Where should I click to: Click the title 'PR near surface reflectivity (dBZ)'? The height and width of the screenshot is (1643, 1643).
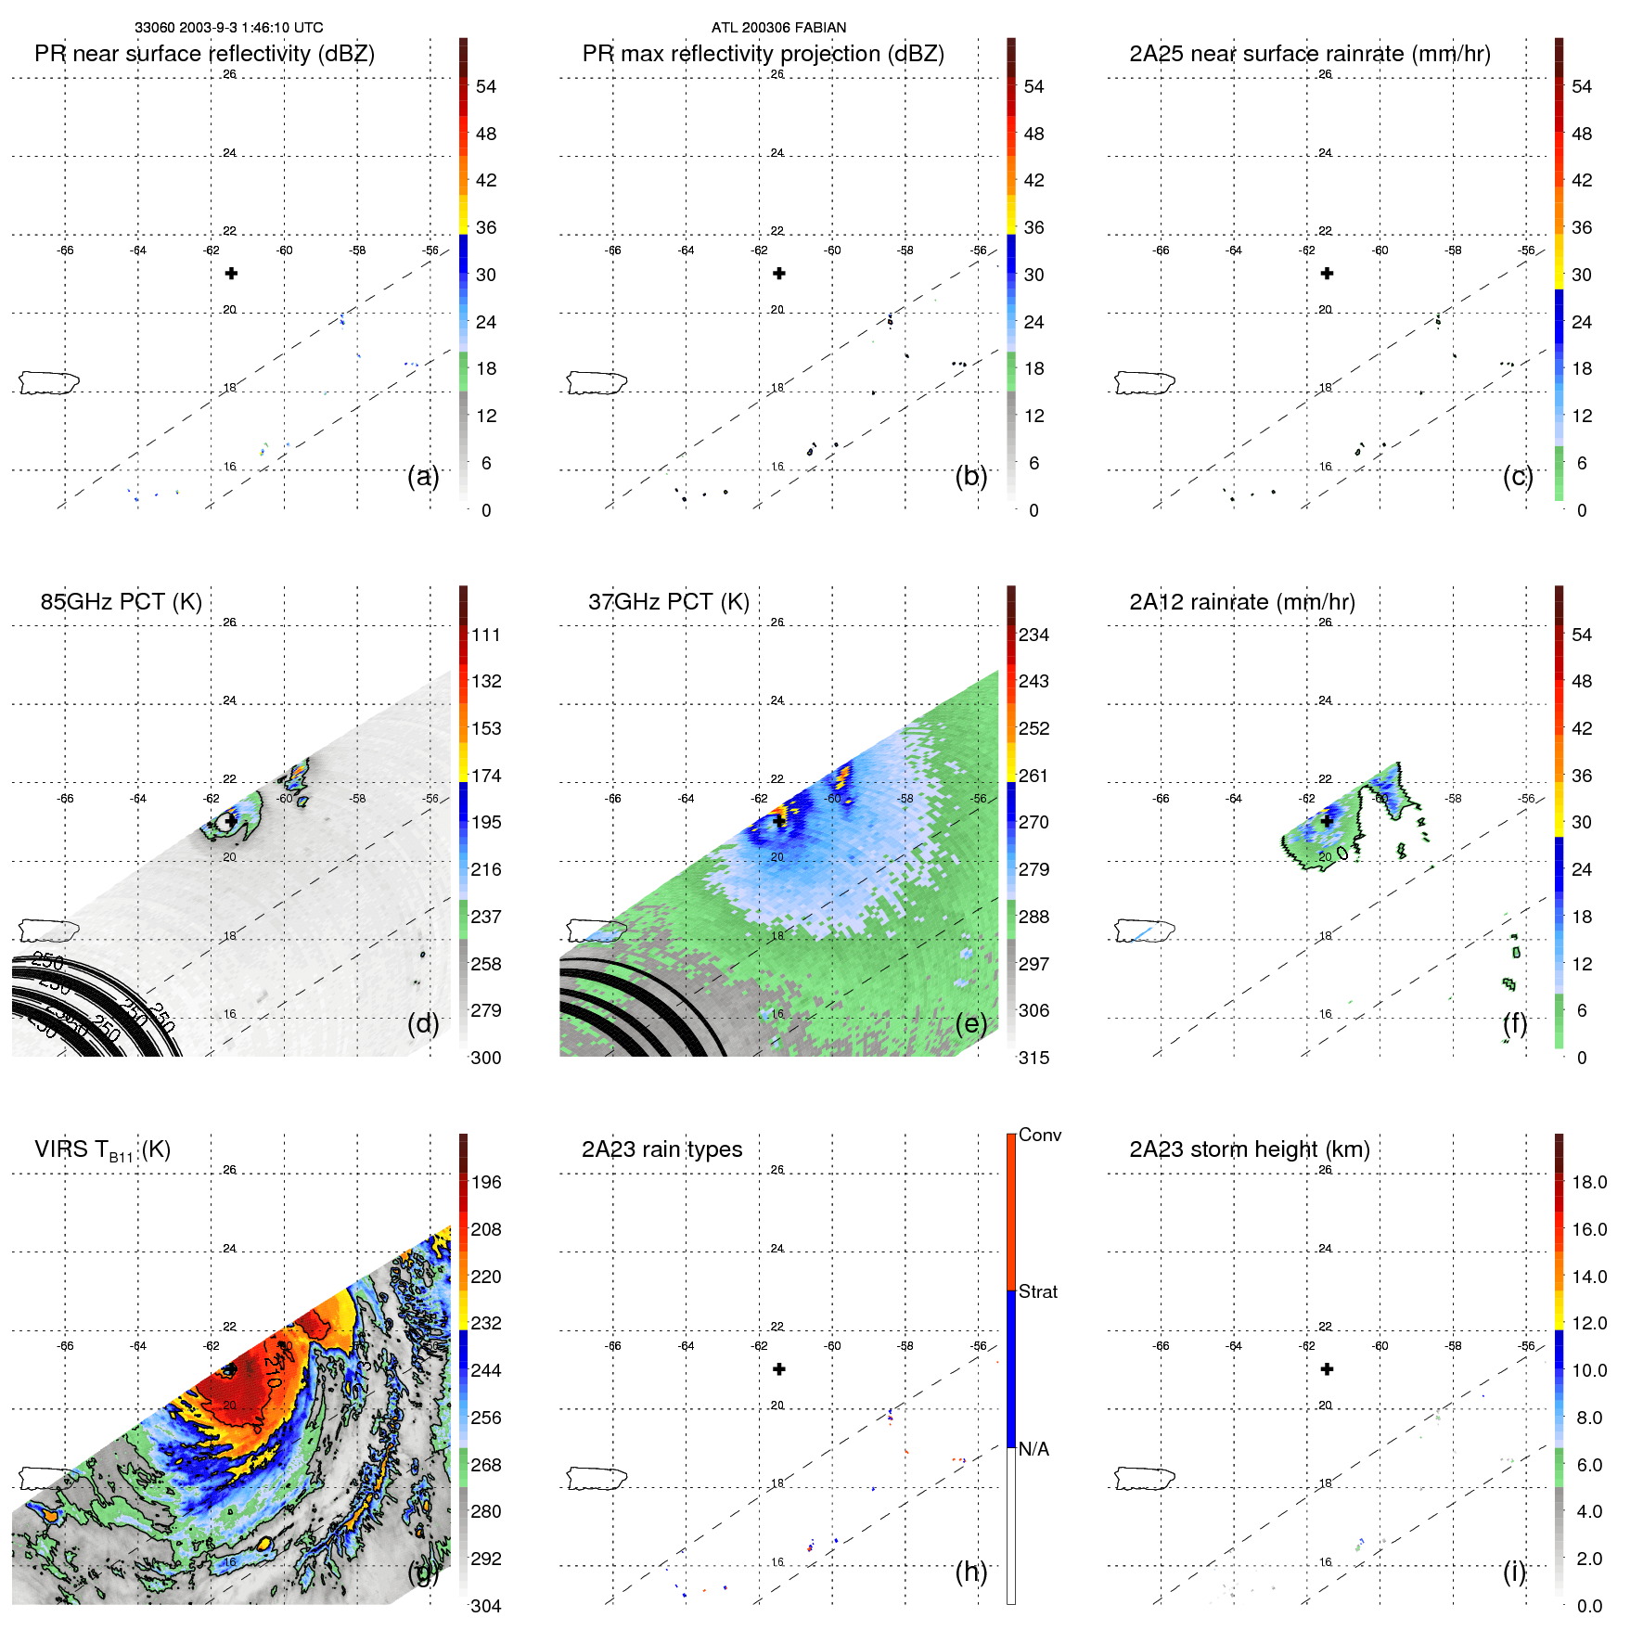(204, 54)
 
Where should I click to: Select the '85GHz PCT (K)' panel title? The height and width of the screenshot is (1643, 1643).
(121, 602)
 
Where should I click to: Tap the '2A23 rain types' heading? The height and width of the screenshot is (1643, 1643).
(661, 1149)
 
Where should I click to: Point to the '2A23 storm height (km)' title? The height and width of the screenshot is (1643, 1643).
(1249, 1149)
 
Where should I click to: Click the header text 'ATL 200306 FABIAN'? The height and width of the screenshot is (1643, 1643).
(778, 28)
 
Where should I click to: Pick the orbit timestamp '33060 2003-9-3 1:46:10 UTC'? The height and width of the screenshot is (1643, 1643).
(228, 28)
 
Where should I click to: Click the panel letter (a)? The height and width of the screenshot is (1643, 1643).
(423, 477)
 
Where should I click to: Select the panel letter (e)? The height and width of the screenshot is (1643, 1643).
(971, 1024)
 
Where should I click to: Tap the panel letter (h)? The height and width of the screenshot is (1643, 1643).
(971, 1572)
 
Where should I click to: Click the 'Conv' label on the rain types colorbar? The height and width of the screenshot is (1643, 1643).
(1039, 1135)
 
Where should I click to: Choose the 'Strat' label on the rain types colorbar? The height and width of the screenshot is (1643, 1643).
(1037, 1291)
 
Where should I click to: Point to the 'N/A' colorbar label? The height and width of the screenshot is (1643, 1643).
(1033, 1449)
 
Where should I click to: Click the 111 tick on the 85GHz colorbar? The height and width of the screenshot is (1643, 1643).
(485, 635)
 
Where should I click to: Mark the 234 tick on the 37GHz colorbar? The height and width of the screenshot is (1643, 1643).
(1033, 635)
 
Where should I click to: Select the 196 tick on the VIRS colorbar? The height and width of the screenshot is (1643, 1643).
(485, 1182)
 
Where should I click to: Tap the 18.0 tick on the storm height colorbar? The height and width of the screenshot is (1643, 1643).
(1588, 1182)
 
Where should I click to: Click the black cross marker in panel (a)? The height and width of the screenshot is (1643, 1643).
(231, 274)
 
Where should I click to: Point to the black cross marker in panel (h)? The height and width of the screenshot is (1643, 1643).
(779, 1369)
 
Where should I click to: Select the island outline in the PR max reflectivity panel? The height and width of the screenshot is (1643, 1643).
(597, 382)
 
